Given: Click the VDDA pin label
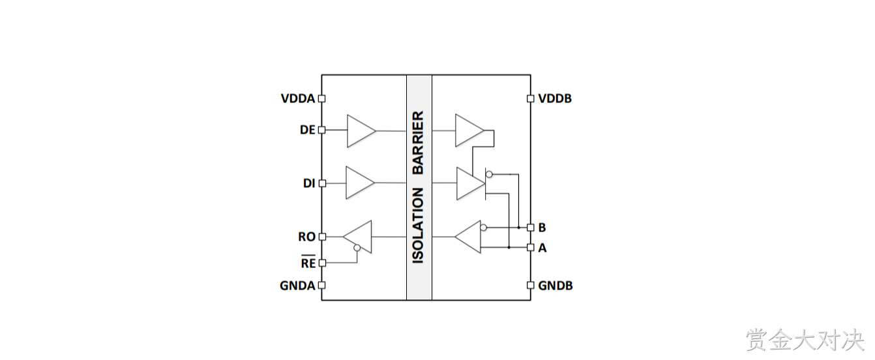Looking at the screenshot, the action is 298,98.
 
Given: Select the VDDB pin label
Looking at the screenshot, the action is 555,98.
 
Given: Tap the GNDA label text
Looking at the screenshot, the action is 297,286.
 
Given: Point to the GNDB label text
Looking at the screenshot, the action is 555,286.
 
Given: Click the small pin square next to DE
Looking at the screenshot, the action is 322,130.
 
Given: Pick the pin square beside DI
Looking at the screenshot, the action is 322,183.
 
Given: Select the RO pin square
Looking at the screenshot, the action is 322,237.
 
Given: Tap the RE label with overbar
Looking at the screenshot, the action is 308,262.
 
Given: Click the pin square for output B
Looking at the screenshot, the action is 531,228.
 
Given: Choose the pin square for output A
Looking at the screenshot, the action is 531,247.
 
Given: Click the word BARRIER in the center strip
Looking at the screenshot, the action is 419,143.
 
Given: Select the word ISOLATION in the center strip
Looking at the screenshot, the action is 419,226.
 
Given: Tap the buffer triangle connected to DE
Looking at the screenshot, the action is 361,131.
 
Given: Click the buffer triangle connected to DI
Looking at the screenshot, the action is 360,183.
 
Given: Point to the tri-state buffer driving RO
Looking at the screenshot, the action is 357,237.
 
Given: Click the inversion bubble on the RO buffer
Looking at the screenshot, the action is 357,248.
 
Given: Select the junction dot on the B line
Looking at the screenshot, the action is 519,228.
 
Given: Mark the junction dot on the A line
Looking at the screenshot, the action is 509,247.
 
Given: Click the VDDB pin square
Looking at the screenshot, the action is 531,98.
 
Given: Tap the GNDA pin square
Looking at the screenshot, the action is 322,286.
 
